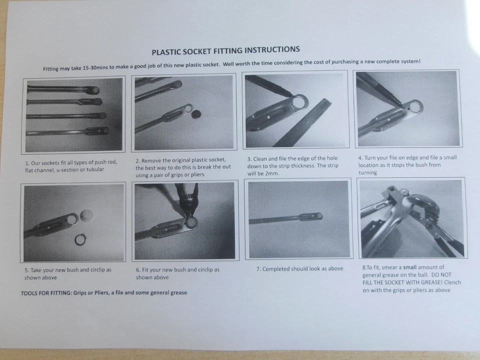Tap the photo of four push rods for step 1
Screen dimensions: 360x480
coord(73,115)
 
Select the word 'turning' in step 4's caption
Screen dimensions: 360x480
coord(367,172)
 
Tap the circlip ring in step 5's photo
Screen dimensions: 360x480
coord(80,239)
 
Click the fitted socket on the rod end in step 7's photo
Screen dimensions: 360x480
coord(316,216)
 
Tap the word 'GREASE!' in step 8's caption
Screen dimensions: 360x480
coord(427,282)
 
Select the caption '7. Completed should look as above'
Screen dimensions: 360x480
coord(299,268)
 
